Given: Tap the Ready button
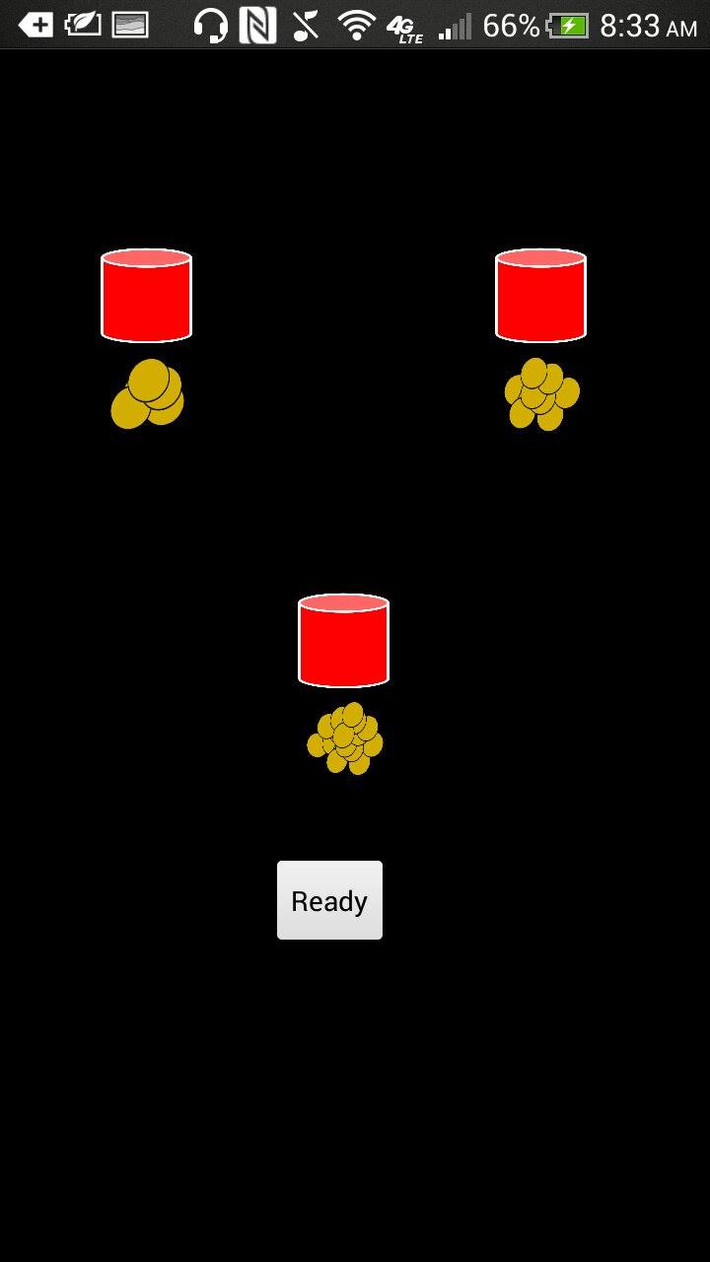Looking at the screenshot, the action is [329, 900].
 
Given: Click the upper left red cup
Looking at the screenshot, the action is [146, 297].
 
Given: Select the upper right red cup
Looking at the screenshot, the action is [540, 297].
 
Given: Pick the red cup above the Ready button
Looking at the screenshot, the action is [343, 642].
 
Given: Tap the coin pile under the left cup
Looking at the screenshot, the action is [148, 394].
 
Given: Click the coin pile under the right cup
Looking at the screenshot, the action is [541, 394].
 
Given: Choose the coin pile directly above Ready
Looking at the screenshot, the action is [345, 738].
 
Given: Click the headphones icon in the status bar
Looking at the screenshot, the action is [210, 26].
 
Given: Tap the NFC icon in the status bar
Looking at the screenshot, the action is [257, 26].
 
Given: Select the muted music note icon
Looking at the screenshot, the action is [306, 26].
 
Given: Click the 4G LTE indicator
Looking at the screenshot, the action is [404, 28].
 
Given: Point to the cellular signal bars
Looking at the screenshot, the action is [455, 27].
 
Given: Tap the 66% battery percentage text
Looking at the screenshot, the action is [511, 26].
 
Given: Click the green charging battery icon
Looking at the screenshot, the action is [569, 26].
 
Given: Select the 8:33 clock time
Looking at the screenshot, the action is [629, 26].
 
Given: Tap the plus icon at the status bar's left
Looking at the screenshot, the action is [35, 26].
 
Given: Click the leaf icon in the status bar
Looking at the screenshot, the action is [83, 25].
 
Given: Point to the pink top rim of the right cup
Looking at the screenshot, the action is [540, 258].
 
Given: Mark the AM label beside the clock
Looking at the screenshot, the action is [681, 30].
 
